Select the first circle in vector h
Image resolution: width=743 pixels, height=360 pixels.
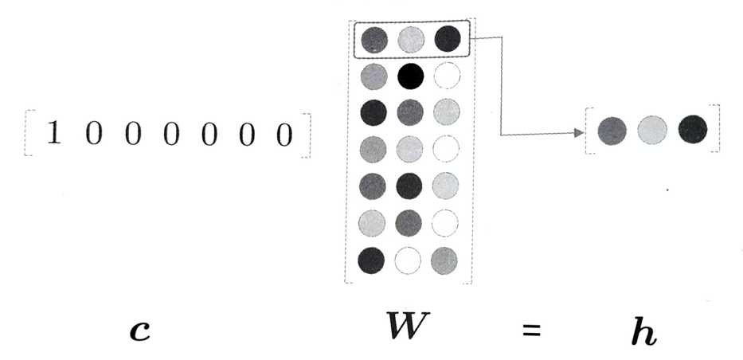pyautogui.click(x=611, y=130)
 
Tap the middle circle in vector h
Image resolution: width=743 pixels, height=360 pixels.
pyautogui.click(x=651, y=130)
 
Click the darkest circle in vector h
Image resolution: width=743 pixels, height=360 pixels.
pyautogui.click(x=692, y=129)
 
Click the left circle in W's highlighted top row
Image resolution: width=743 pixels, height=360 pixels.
pyautogui.click(x=374, y=39)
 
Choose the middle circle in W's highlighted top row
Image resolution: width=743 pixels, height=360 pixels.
pyautogui.click(x=412, y=39)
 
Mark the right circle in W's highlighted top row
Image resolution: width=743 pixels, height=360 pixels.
pyautogui.click(x=448, y=39)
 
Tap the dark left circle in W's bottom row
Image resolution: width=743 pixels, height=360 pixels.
pyautogui.click(x=373, y=260)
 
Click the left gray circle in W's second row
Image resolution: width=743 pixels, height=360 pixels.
pyautogui.click(x=373, y=76)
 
